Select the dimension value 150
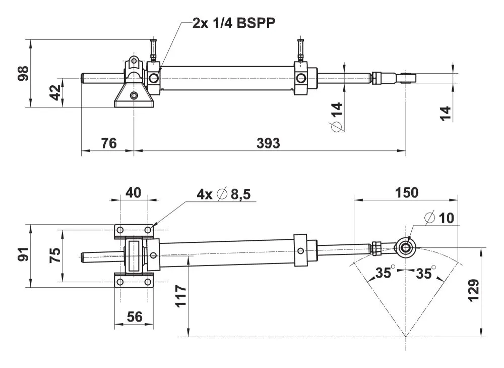click(x=406, y=192)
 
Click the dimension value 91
click(x=22, y=255)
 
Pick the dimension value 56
click(x=134, y=317)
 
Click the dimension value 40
click(x=134, y=192)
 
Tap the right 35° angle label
click(x=424, y=274)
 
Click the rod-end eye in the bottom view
click(x=405, y=246)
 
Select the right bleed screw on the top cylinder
click(x=301, y=49)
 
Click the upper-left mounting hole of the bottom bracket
click(x=120, y=230)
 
